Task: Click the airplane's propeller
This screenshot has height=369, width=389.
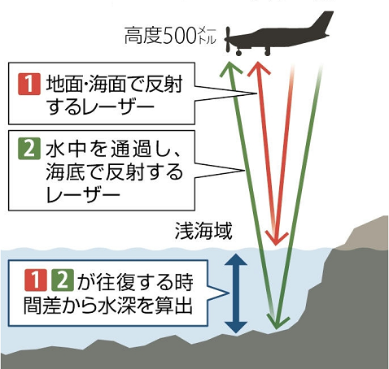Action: (x=228, y=40)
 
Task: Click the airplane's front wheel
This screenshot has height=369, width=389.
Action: (x=238, y=53)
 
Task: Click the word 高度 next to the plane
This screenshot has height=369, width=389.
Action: (x=143, y=36)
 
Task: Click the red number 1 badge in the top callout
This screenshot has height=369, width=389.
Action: (x=29, y=84)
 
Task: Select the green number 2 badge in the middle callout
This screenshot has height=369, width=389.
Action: (x=29, y=149)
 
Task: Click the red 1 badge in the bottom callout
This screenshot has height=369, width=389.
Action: (x=35, y=280)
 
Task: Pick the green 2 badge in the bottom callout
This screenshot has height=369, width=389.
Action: (x=63, y=280)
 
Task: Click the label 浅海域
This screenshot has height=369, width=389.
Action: (x=203, y=231)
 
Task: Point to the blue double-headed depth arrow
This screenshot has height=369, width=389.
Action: (x=236, y=293)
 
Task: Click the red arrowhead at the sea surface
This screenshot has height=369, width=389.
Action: (x=276, y=237)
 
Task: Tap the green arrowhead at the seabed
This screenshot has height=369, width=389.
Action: (x=278, y=321)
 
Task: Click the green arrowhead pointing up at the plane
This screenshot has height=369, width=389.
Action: (x=230, y=68)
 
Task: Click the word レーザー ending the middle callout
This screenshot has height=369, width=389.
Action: (x=83, y=194)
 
